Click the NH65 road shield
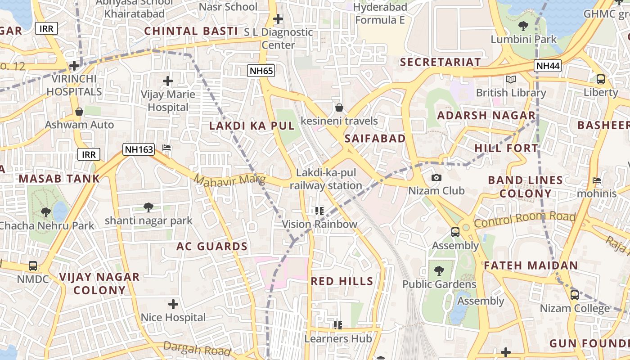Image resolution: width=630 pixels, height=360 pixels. [x=261, y=70]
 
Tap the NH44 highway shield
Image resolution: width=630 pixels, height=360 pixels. [x=548, y=66]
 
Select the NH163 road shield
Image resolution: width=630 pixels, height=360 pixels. [x=139, y=149]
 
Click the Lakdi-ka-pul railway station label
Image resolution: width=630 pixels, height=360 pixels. [x=326, y=179]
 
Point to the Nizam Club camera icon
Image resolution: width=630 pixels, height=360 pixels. [x=436, y=177]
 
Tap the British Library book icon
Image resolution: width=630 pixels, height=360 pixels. [x=510, y=80]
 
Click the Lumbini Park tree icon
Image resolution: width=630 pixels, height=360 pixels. [x=523, y=26]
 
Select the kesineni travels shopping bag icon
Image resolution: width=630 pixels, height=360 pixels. [x=339, y=108]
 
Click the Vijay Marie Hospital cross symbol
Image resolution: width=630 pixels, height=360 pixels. [x=168, y=81]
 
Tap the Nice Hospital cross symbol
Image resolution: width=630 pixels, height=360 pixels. [x=173, y=304]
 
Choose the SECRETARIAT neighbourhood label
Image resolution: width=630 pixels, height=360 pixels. [x=440, y=62]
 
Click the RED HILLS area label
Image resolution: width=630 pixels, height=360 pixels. [x=342, y=282]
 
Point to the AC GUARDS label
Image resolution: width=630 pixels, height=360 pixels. [x=211, y=247]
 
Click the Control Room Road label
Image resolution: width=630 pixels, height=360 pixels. [x=525, y=220]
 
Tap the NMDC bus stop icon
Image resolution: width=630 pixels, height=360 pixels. [x=33, y=265]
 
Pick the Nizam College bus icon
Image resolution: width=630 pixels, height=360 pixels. [x=574, y=295]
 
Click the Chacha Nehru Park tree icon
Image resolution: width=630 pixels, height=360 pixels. [x=45, y=212]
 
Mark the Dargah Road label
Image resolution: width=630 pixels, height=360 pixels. [x=197, y=348]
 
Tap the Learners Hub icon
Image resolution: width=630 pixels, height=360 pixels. [x=338, y=325]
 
